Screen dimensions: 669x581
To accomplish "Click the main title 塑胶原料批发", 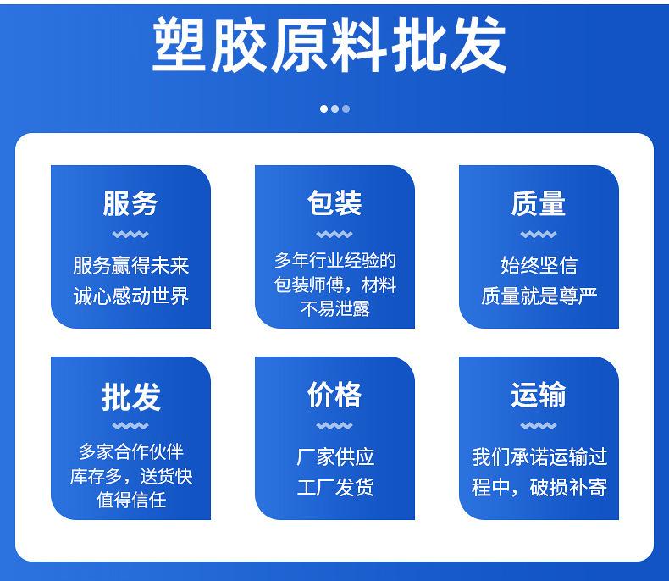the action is click(x=329, y=45).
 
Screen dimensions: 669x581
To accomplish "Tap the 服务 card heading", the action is click(x=130, y=202).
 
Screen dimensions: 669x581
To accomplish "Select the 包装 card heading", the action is click(x=334, y=202).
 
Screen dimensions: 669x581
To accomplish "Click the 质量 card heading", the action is click(x=539, y=202).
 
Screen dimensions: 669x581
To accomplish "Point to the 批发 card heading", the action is click(x=130, y=396).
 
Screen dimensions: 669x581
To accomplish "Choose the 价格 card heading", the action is click(x=334, y=394).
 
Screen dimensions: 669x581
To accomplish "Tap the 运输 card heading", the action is click(x=539, y=394).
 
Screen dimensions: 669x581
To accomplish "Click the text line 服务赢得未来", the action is click(x=130, y=265).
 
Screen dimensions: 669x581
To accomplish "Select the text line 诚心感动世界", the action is click(x=130, y=296).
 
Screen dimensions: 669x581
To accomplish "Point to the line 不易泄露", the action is click(x=335, y=308).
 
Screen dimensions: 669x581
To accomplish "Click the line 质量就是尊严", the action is click(x=539, y=296).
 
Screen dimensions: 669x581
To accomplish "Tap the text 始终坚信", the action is click(x=539, y=265).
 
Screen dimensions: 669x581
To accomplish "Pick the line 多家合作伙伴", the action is click(x=131, y=451).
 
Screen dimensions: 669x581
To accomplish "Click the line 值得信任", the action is click(x=131, y=500).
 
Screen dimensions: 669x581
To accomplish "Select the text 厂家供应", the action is click(x=335, y=456).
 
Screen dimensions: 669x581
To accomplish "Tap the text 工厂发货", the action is click(x=335, y=487).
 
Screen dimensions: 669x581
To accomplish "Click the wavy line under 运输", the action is click(x=539, y=425).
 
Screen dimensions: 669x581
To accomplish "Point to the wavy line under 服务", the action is click(x=130, y=235).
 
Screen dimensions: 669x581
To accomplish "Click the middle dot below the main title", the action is click(x=335, y=108).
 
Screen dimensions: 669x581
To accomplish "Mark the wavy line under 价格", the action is click(x=334, y=425).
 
